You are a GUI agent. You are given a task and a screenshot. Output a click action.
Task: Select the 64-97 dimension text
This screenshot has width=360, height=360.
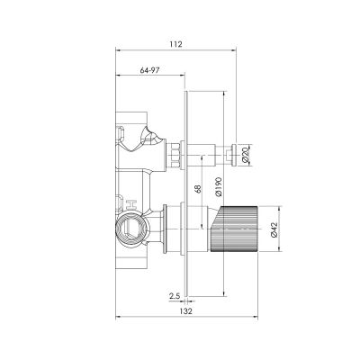pos(151,69)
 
